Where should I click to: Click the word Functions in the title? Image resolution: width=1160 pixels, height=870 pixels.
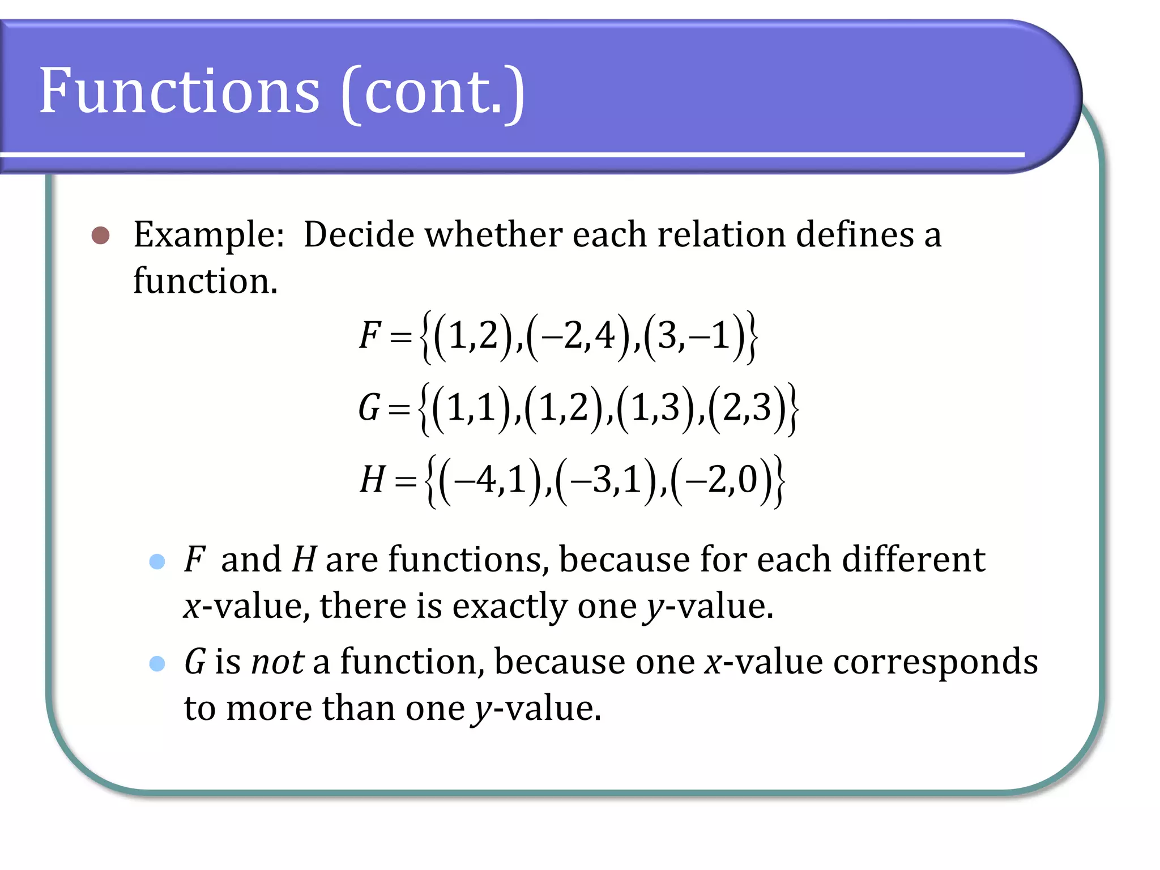(180, 91)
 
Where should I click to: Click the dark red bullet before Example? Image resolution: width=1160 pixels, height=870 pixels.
(101, 236)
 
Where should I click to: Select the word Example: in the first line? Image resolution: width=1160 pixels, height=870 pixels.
(209, 234)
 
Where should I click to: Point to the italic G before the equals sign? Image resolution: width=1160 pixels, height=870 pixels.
(369, 407)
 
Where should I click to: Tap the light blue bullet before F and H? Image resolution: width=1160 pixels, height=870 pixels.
(157, 561)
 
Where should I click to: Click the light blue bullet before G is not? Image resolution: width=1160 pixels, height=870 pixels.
(157, 663)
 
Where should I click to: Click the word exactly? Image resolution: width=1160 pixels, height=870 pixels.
(509, 607)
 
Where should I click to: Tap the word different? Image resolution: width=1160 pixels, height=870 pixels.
(913, 560)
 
